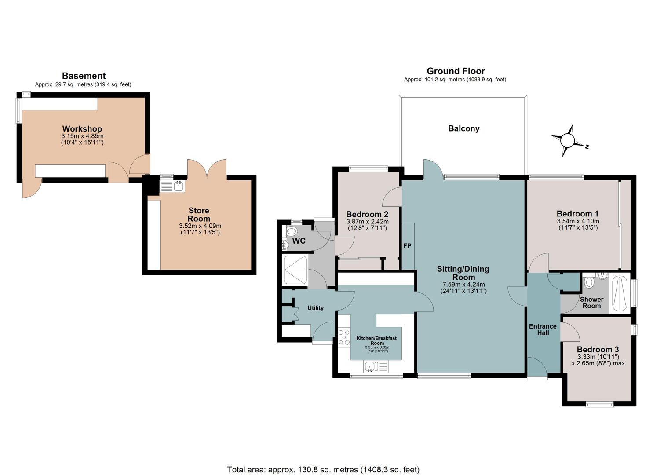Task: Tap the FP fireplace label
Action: point(407,246)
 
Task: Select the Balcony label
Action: point(464,128)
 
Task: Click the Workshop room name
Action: point(82,128)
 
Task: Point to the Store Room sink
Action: point(172,186)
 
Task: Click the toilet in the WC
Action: point(292,232)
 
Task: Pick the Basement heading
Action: point(84,76)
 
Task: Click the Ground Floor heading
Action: point(456,71)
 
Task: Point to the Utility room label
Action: point(315,308)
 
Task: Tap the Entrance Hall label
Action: point(543,329)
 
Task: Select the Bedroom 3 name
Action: point(598,349)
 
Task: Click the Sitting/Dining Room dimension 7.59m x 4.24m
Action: point(463,284)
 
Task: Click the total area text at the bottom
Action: point(323,453)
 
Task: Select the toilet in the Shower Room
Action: point(589,282)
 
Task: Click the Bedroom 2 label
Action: point(367,214)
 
